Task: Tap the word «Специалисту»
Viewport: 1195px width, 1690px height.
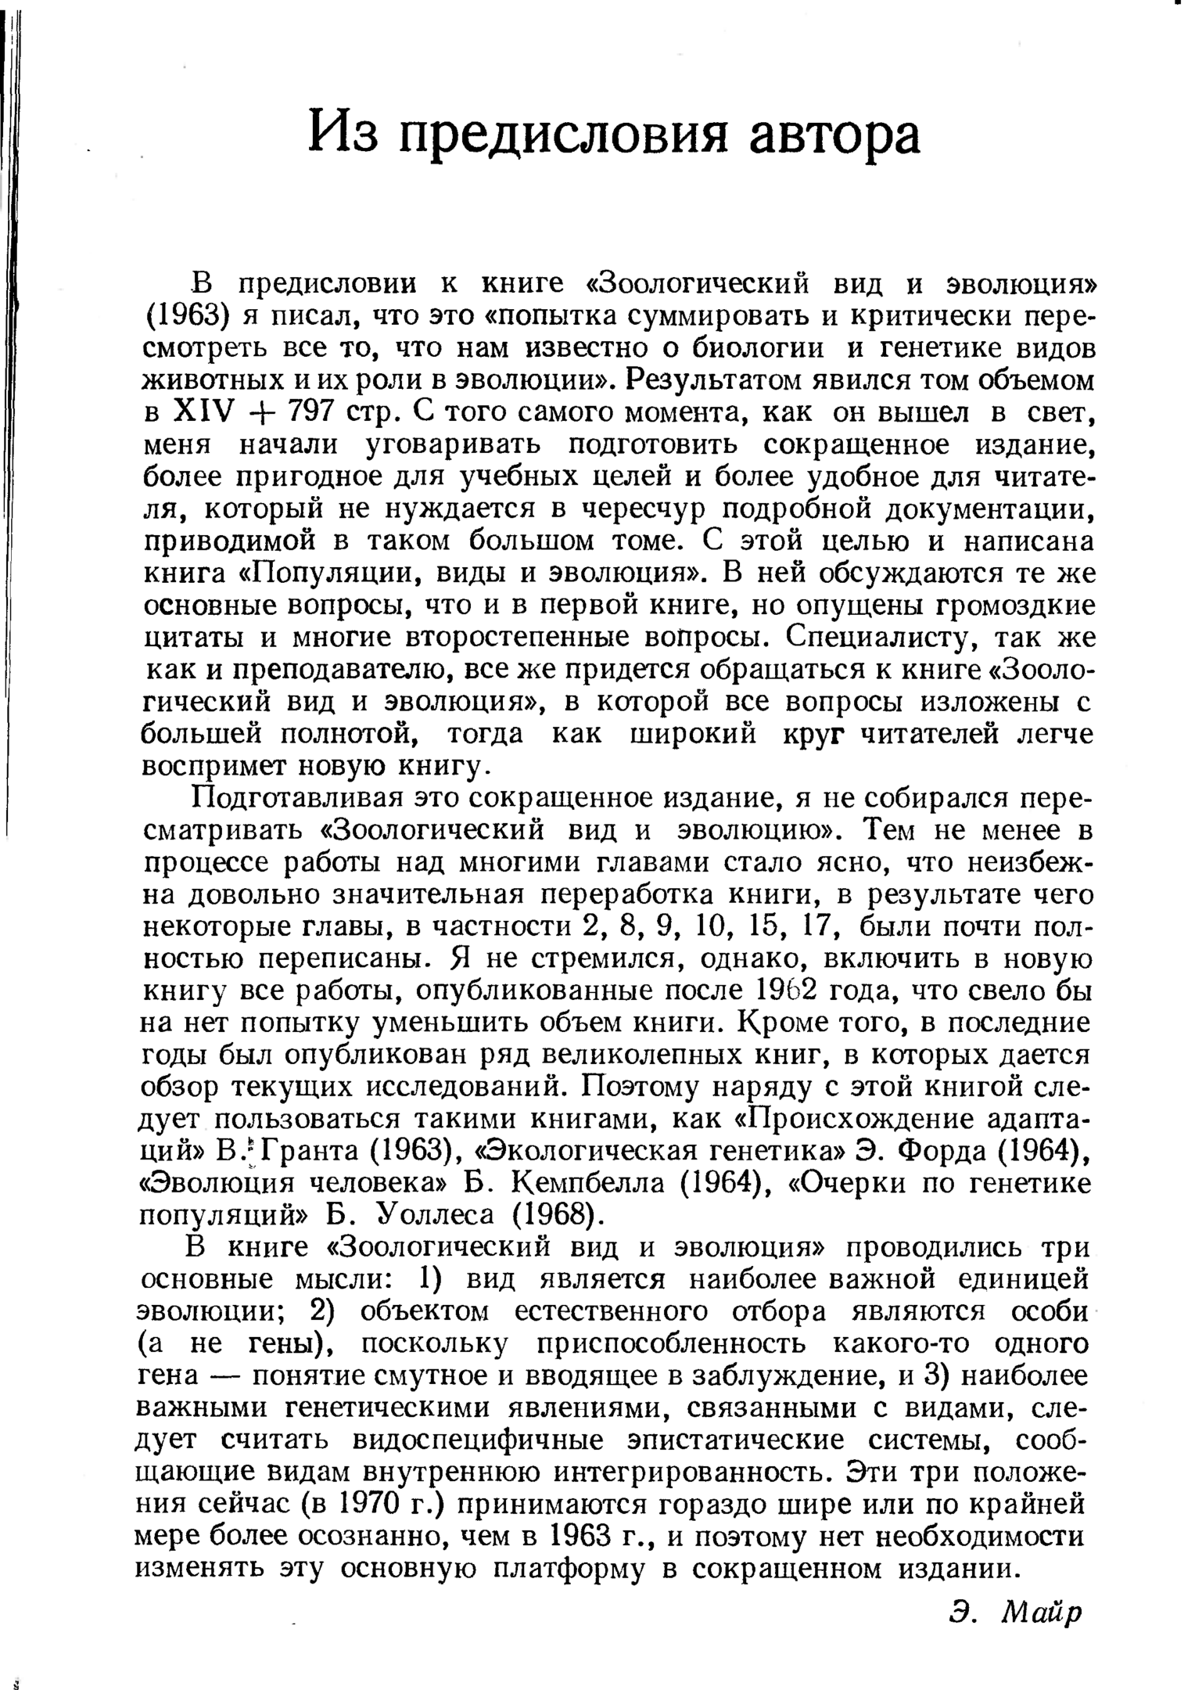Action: [x=881, y=638]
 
